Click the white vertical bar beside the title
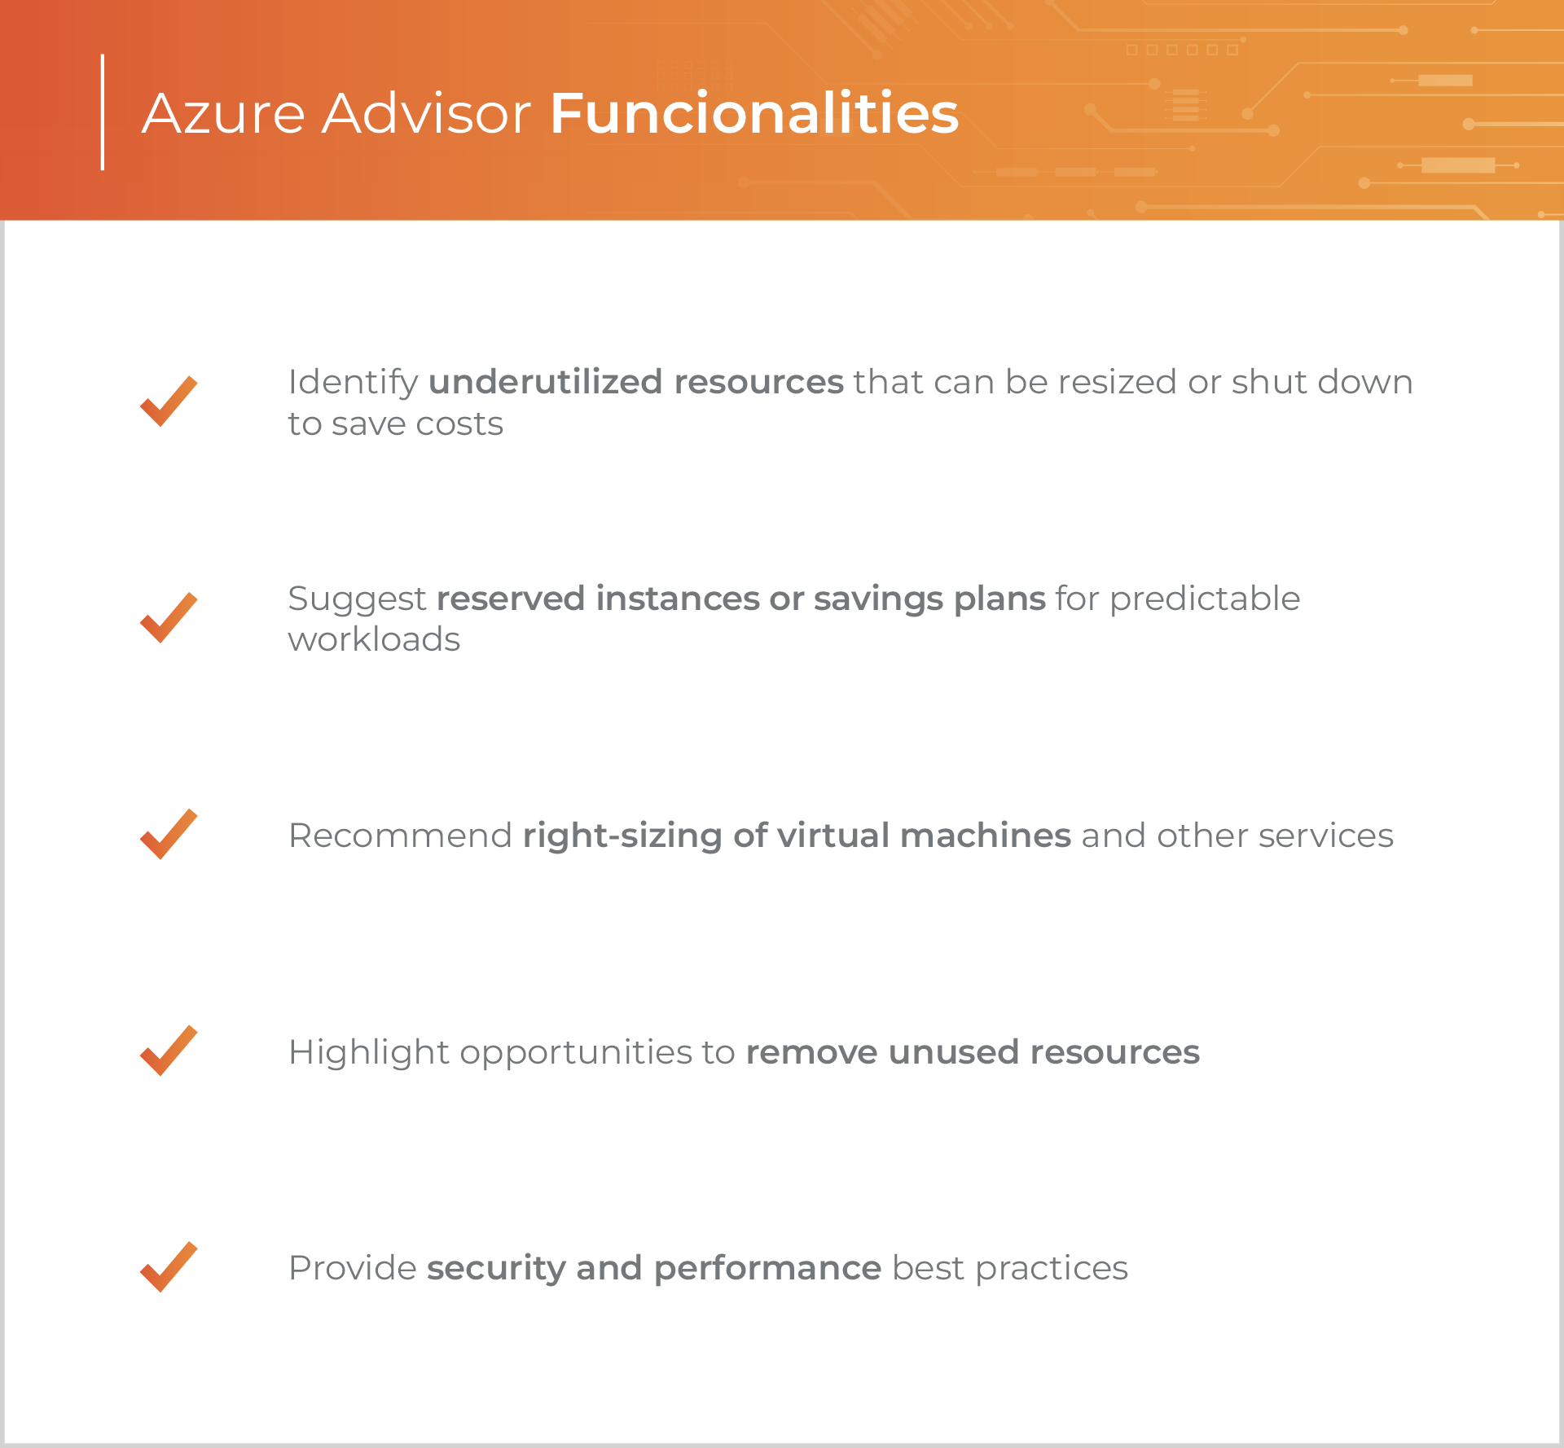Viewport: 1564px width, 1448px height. pos(103,112)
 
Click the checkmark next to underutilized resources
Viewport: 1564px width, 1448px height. pos(169,401)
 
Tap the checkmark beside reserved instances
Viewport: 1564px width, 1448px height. pos(169,618)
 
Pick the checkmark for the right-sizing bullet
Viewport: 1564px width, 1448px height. pos(169,834)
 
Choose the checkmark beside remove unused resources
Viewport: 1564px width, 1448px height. pos(169,1051)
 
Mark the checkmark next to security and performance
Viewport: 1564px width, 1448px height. pos(169,1266)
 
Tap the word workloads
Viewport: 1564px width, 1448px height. pos(374,639)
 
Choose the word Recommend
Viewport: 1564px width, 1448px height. pos(400,836)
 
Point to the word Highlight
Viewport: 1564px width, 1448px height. pos(369,1053)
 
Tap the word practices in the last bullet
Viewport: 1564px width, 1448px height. pos(1052,1269)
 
